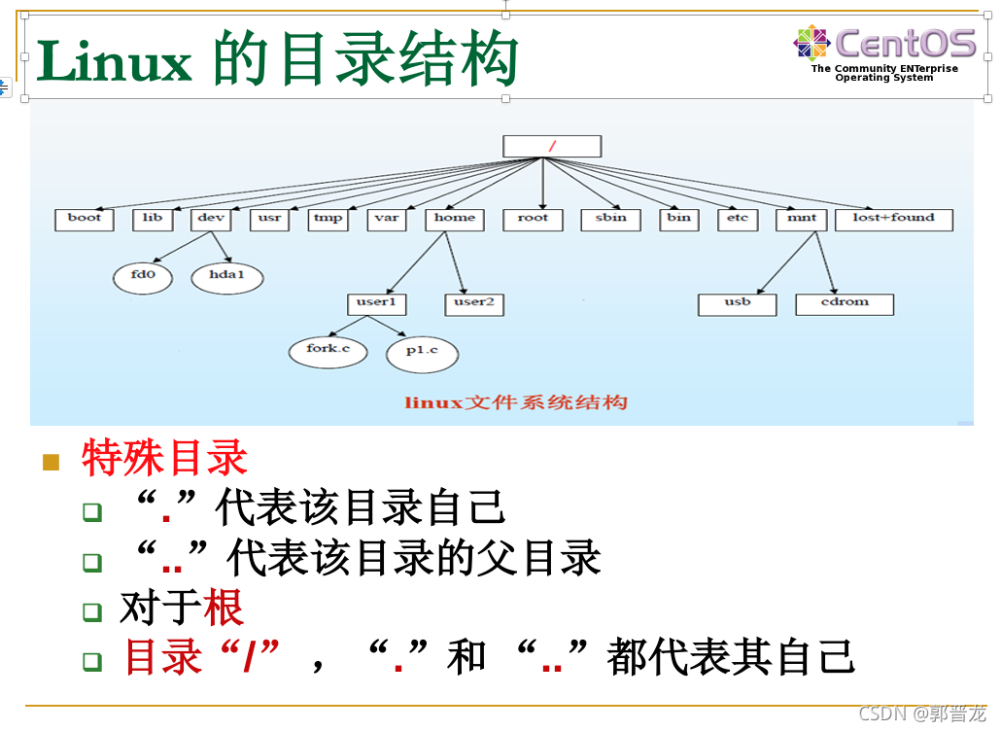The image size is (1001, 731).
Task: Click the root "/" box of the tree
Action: coord(552,146)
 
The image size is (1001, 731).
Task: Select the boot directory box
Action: coord(85,219)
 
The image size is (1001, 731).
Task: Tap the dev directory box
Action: coord(211,219)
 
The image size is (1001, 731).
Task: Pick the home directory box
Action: coord(455,219)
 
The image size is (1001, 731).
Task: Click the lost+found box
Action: coord(893,219)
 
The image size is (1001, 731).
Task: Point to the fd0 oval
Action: coord(143,276)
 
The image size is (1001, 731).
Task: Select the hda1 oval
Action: coord(227,276)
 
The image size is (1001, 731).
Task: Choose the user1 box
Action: coord(376,303)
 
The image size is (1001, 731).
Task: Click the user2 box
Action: coord(474,303)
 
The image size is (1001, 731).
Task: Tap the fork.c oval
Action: coord(328,350)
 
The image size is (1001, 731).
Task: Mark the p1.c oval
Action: coord(422,352)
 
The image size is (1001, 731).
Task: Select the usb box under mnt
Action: coord(738,303)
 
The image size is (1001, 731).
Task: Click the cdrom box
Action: coord(844,303)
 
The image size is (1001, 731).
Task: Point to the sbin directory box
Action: coord(610,219)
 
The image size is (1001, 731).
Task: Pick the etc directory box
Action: coord(738,219)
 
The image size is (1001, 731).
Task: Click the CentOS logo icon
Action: coord(811,43)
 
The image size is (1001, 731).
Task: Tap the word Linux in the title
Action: coord(115,62)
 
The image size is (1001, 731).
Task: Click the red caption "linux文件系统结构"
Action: coord(516,402)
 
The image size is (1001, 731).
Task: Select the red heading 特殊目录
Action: coord(164,458)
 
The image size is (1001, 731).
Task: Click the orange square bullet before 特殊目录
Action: coord(52,461)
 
